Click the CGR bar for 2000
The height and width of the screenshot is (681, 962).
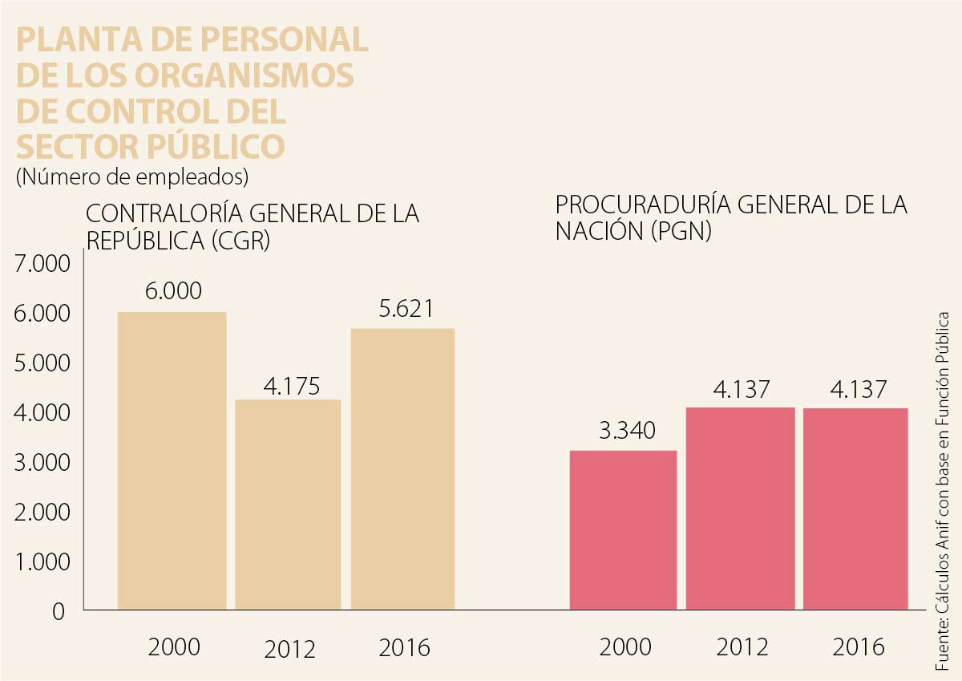pos(172,460)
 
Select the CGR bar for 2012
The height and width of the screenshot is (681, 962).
pos(288,505)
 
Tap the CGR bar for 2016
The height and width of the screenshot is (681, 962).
pos(402,469)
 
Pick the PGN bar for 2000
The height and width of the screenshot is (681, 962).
pos(623,530)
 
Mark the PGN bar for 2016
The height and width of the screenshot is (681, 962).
pos(855,509)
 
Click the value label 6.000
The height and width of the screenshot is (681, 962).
pos(173,291)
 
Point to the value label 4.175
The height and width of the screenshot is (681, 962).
pos(292,387)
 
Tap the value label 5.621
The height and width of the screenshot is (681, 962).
pos(406,309)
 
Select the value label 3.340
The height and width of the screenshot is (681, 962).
pos(627,431)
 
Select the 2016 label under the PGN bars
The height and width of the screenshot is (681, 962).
pos(858,647)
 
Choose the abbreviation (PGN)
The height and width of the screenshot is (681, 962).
pos(681,232)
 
